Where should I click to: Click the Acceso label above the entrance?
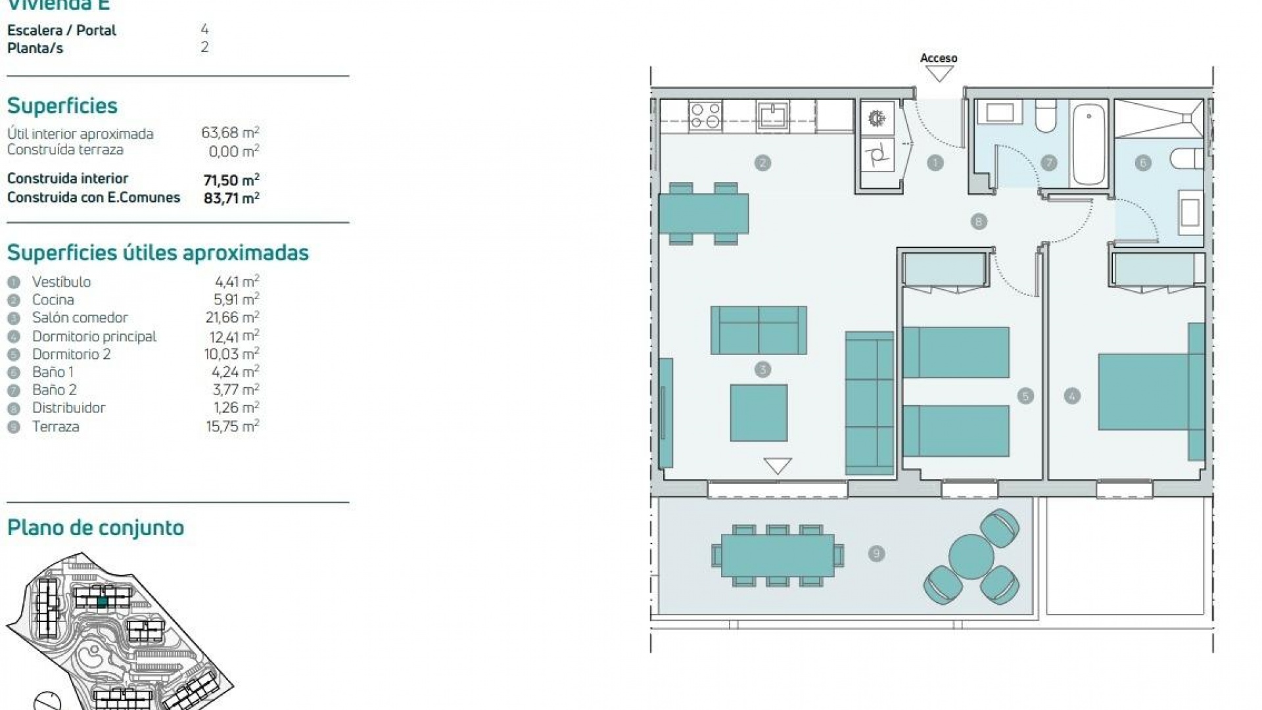tap(938, 59)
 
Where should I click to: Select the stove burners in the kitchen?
tap(705, 116)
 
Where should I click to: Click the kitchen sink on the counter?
tap(772, 116)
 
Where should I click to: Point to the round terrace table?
tap(971, 557)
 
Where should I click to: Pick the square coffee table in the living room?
tap(759, 413)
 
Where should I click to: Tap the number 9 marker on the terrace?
tap(876, 554)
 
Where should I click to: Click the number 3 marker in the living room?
tap(762, 369)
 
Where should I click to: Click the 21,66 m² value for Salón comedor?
tap(232, 318)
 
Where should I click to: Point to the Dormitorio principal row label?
tap(94, 337)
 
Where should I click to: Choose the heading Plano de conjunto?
tap(95, 528)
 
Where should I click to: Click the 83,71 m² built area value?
tap(231, 198)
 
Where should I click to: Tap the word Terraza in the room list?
tap(56, 427)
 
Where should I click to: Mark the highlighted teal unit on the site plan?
tap(102, 602)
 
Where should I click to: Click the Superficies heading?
tap(62, 106)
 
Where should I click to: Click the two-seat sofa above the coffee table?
tap(759, 330)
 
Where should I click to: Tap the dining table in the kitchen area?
tap(704, 214)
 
